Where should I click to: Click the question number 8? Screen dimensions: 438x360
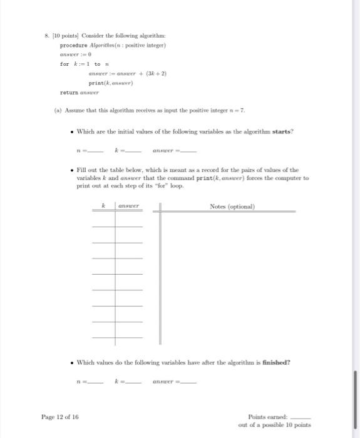(46, 36)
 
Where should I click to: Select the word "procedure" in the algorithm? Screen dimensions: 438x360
(73, 45)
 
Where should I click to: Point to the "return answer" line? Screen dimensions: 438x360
(80, 92)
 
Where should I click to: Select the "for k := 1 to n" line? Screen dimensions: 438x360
(85, 64)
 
